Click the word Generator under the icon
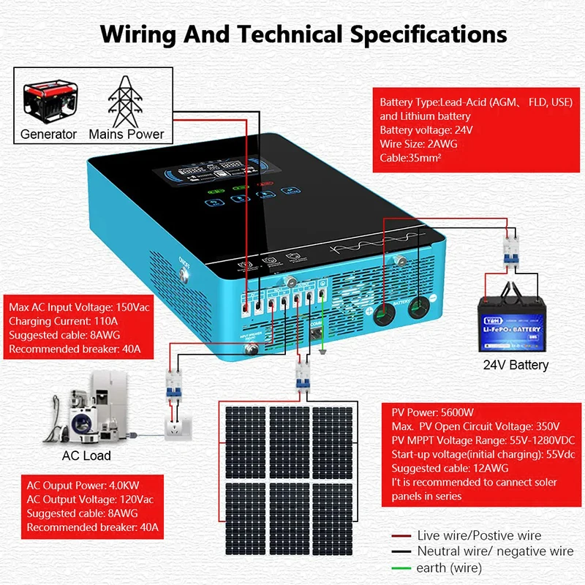coord(48,134)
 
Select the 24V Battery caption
coord(516,364)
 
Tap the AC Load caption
coord(86,456)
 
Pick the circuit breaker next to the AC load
coord(173,382)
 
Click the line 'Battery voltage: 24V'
coord(426,130)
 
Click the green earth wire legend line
coord(401,567)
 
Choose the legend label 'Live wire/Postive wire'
coord(480,536)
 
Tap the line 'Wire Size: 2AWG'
coord(418,144)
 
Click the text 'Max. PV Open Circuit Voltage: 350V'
coord(475,426)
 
